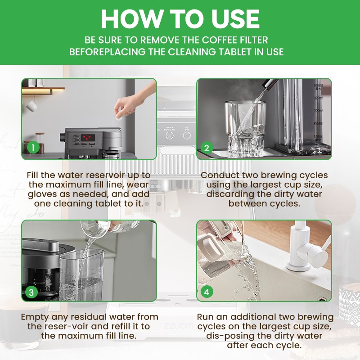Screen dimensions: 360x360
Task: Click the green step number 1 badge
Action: pyautogui.click(x=32, y=147)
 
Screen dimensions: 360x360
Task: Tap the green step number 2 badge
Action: pyautogui.click(x=207, y=147)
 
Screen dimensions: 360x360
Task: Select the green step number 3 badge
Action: pyautogui.click(x=31, y=292)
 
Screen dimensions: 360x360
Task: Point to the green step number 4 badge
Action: pyautogui.click(x=207, y=292)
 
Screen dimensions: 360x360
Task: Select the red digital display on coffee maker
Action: pyautogui.click(x=87, y=137)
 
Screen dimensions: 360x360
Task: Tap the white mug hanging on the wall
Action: pyautogui.click(x=31, y=105)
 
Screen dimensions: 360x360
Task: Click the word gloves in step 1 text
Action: pyautogui.click(x=43, y=194)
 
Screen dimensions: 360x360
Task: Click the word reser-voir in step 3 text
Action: pyautogui.click(x=67, y=326)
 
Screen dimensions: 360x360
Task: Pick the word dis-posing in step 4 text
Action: pyautogui.click(x=228, y=336)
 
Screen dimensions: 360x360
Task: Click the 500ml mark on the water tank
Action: pyautogui.click(x=318, y=85)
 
